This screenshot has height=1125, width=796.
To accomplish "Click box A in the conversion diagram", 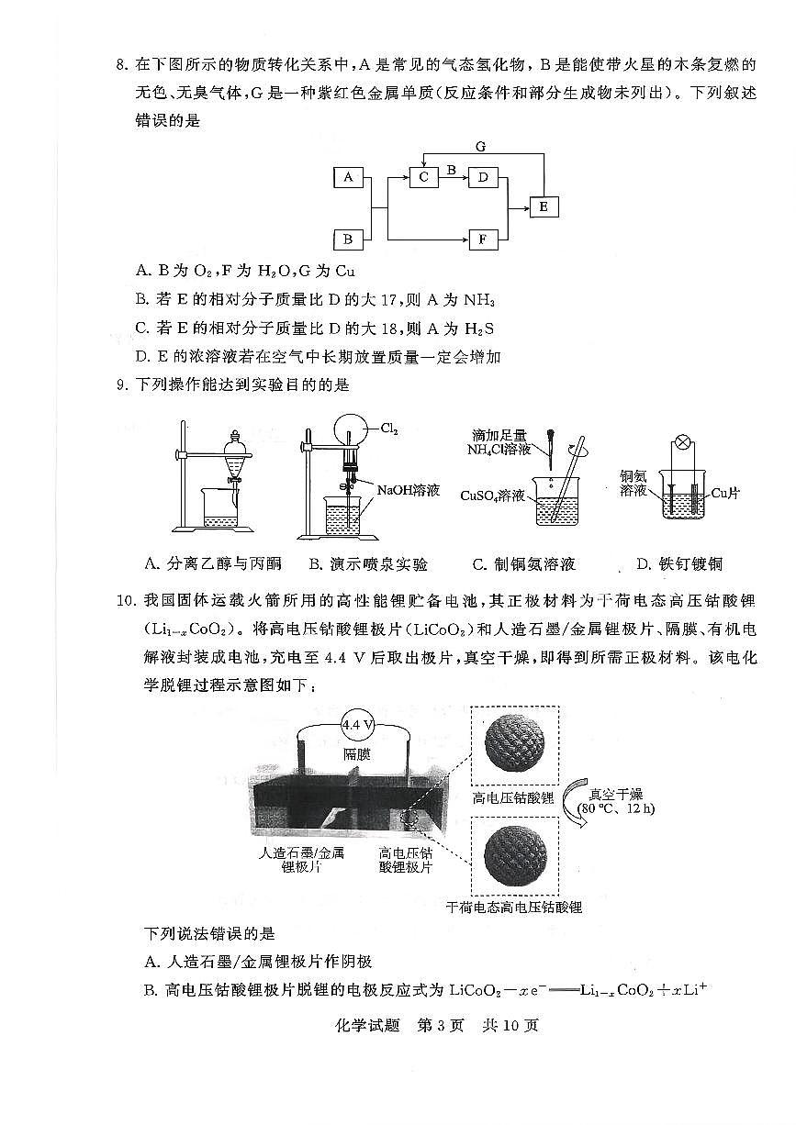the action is pyautogui.click(x=348, y=178).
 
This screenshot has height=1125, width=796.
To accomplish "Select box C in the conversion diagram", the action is pyautogui.click(x=423, y=178).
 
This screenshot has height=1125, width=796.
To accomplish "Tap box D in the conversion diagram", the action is pyautogui.click(x=483, y=178).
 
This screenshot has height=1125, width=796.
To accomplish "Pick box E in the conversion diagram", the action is pyautogui.click(x=543, y=207).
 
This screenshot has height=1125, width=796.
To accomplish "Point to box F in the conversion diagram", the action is pyautogui.click(x=483, y=240).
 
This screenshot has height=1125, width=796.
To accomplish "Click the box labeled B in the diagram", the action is pyautogui.click(x=348, y=240).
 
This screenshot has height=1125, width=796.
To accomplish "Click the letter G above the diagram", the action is pyautogui.click(x=480, y=147).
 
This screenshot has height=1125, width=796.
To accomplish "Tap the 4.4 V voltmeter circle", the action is pyautogui.click(x=357, y=725).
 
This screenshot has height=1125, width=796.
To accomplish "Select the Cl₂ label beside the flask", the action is pyautogui.click(x=391, y=429).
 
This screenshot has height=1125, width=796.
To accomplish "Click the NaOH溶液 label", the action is pyautogui.click(x=406, y=491).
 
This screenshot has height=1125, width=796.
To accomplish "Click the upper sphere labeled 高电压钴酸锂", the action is pyautogui.click(x=514, y=745).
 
